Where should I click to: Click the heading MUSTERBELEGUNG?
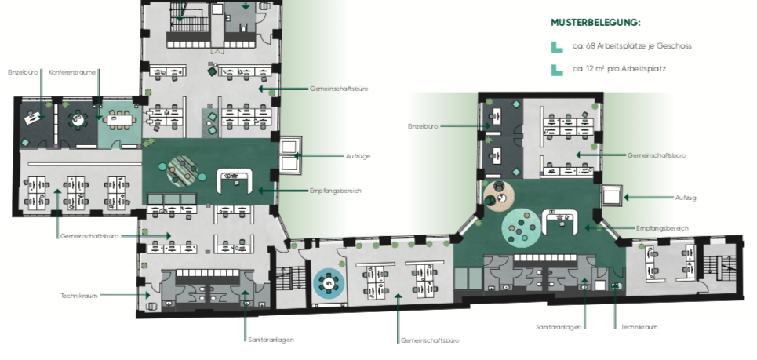595,23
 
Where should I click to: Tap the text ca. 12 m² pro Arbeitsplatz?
619,68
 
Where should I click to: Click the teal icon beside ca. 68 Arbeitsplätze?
557,47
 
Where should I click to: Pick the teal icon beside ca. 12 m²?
557,70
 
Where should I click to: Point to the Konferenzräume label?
72,72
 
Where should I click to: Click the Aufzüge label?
358,156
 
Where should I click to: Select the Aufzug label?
686,198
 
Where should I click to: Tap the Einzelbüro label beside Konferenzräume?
23,72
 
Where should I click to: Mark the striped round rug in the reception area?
182,170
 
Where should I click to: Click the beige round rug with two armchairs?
499,196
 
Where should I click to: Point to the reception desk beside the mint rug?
560,219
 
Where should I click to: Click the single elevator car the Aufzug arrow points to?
612,196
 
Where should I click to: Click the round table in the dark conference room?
78,119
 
